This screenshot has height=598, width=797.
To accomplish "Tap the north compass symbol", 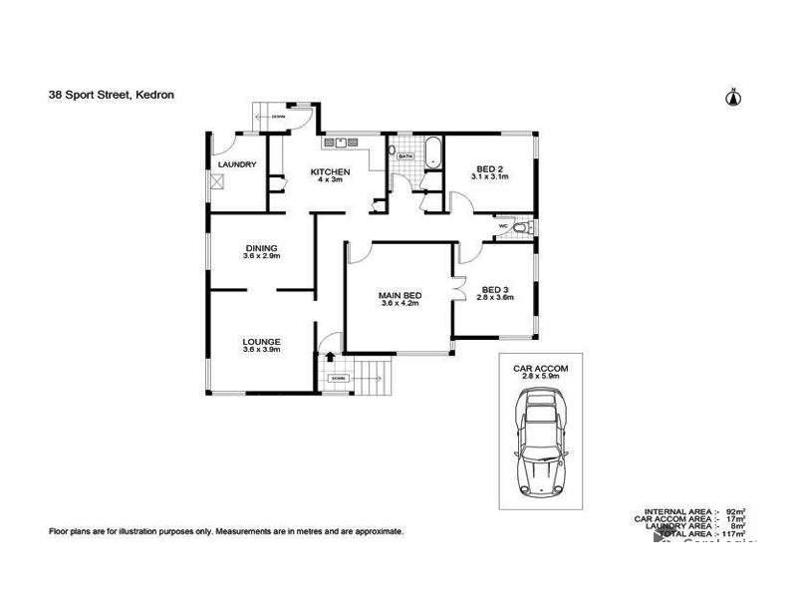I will tap(733, 97).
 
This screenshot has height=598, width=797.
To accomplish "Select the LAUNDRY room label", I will tap(237, 164).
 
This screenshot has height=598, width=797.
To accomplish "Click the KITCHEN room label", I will tap(330, 170).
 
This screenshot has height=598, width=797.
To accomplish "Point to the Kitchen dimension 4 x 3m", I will tap(330, 180).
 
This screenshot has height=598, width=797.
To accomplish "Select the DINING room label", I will tap(261, 247).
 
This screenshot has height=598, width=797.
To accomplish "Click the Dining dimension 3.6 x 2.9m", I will tap(261, 256).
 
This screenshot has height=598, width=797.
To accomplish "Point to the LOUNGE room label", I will tap(261, 341).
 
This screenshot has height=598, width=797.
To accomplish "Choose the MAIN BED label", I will tap(398, 295).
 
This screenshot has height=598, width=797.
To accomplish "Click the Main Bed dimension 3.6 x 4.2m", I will tap(398, 304).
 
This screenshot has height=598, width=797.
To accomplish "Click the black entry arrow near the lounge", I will tap(329, 355).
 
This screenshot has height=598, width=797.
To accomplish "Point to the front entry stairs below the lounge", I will tap(371, 377).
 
